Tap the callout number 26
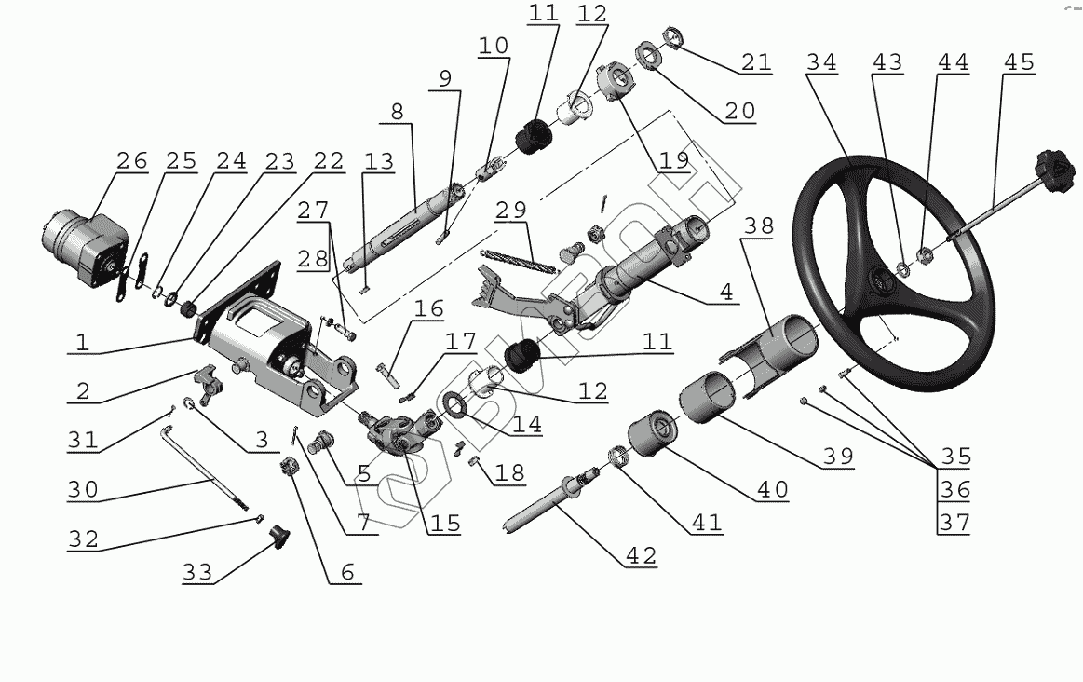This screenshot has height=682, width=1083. pos(131,161)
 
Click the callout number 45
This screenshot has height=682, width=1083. pos(1019,62)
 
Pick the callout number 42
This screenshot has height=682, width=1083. pos(641,556)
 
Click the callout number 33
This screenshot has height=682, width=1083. pos(196,572)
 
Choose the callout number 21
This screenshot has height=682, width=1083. pos(756,62)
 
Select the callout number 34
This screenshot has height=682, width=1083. pos(821,62)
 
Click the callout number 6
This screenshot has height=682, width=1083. pos(346,572)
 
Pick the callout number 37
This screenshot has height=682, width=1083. pos(954,524)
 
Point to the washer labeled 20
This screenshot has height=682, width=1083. pos(649,56)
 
